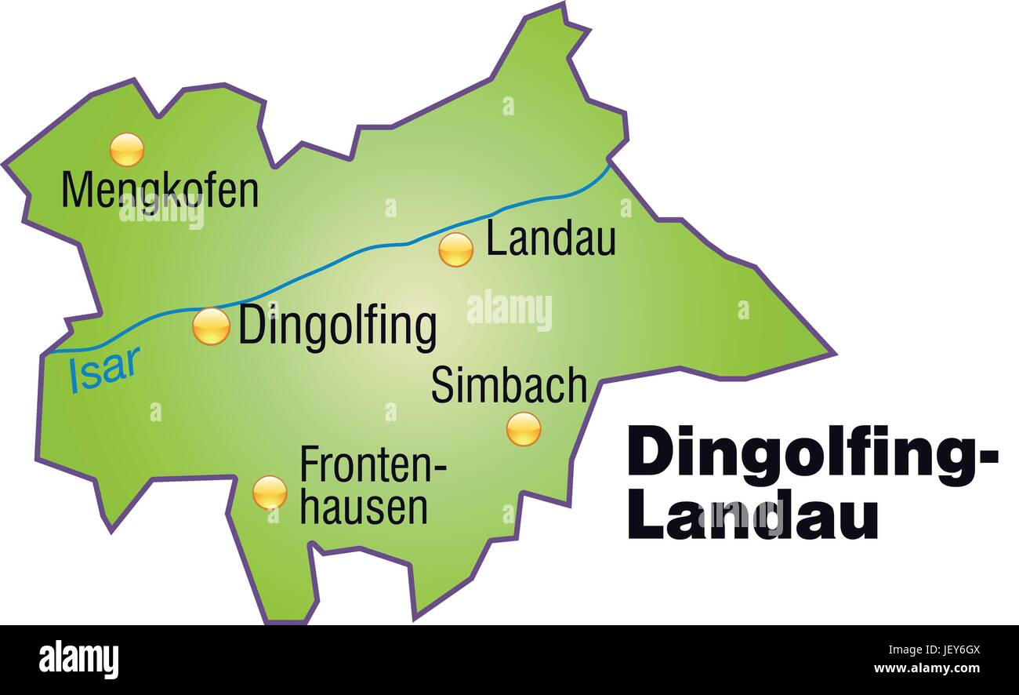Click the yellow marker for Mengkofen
pos(126,150)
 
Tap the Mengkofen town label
pos(160,191)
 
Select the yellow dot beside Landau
pos(455,250)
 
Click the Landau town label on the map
pos(550,239)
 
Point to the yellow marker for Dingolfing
pos(211,326)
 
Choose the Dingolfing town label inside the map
pos(337,327)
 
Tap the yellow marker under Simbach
pos(523,429)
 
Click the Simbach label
pos(509,385)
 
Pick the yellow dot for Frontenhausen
pos(269,492)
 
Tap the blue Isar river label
pos(104,369)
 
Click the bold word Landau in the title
pos(752,517)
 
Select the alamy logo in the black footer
pos(78,659)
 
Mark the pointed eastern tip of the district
pos(832,354)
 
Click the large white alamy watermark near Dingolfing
pos(509,310)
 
